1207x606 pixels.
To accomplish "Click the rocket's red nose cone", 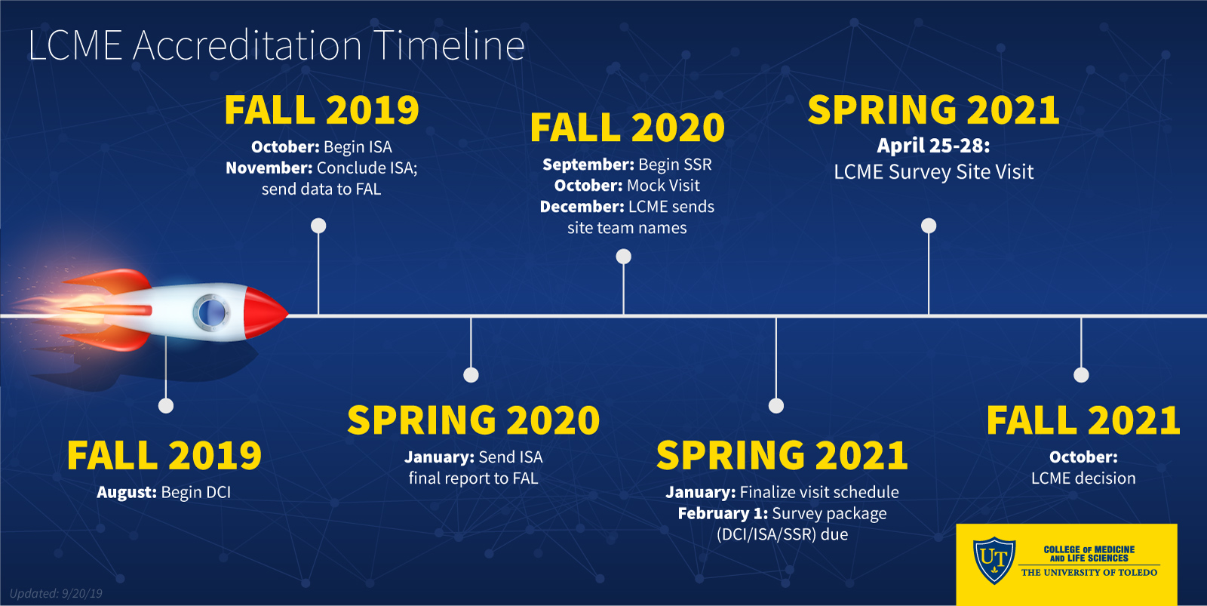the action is [265, 312].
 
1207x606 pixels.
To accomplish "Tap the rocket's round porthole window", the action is [212, 312].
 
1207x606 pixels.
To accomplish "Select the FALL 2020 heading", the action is [627, 128].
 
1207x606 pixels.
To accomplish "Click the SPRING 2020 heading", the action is [473, 420].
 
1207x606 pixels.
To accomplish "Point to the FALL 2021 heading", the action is [1083, 420].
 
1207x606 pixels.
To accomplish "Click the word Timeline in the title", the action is [448, 45].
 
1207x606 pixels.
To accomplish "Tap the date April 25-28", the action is [933, 146].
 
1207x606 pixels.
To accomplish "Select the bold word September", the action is [588, 165].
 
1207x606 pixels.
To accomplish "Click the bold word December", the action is [582, 207].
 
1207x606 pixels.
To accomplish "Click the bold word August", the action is [127, 492].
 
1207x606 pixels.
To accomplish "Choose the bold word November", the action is [269, 168].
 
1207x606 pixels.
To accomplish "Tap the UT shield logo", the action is [994, 560].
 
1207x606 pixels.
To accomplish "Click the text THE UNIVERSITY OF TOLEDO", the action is [1089, 573].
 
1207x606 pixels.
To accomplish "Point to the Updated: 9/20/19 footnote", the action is [56, 594].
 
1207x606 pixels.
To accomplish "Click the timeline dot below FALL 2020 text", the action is [623, 257].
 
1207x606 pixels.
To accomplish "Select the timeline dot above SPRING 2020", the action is [471, 375].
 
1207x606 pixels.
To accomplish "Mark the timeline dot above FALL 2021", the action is [1082, 375].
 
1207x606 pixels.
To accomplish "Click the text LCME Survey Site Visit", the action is [934, 172].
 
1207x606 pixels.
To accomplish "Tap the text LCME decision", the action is [1083, 478].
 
